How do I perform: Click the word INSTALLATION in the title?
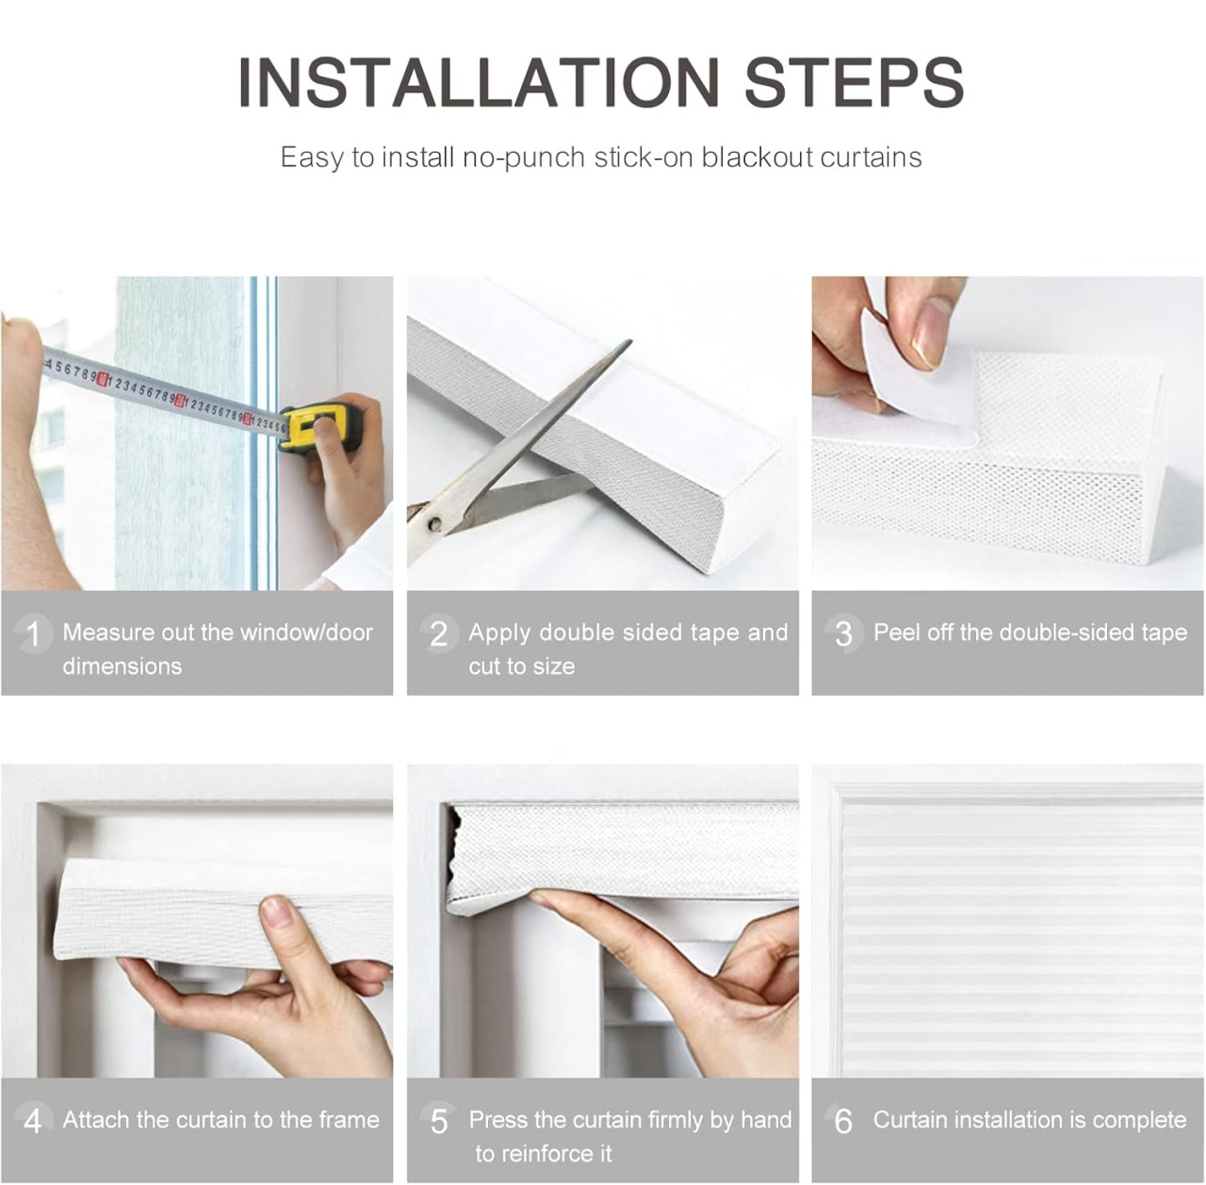tap(479, 83)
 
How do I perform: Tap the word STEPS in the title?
tap(855, 83)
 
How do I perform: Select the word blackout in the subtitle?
tap(756, 156)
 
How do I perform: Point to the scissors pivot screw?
tap(434, 523)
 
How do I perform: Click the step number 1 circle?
tap(33, 634)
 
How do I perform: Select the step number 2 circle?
tap(439, 634)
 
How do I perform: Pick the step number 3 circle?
tap(843, 634)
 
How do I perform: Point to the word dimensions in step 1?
tap(122, 667)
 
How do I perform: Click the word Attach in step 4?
tap(96, 1120)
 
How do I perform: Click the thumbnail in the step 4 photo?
tap(277, 912)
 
